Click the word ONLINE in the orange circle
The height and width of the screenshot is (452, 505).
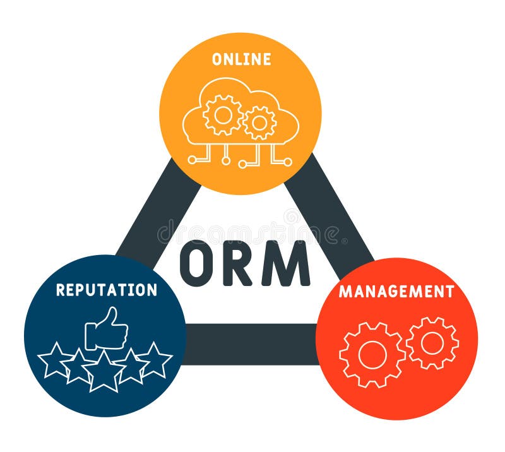[241, 59]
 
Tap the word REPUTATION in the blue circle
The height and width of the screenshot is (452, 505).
[106, 290]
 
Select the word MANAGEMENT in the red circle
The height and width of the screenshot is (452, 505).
[396, 292]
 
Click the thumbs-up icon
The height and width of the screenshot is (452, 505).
[107, 329]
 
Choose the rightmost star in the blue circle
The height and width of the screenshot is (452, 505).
[155, 360]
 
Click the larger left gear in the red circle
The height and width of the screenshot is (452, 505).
[372, 355]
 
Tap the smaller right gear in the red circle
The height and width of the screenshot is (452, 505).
[432, 343]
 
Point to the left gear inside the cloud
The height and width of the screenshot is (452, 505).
[223, 115]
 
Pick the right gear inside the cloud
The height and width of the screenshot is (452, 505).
[259, 122]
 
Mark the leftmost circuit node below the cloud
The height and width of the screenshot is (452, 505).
[191, 160]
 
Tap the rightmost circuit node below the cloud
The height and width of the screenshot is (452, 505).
[288, 162]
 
